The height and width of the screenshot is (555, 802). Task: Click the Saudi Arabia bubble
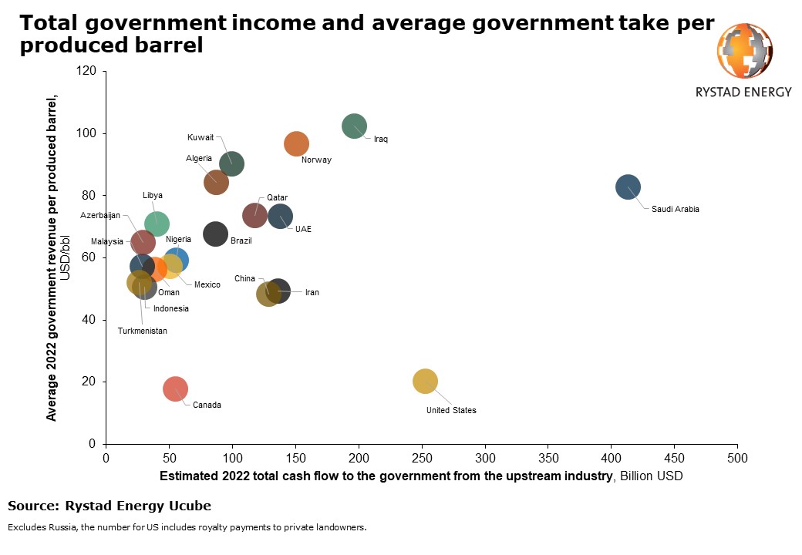[x=628, y=187]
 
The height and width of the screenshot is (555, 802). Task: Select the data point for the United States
[x=425, y=381]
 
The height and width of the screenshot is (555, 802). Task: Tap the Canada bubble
[x=176, y=389]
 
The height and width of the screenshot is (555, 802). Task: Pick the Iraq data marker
[x=354, y=126]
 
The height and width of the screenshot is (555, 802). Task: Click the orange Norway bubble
[x=297, y=144]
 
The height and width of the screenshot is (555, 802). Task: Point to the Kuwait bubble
[x=231, y=163]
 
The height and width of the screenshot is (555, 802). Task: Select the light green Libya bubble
[x=157, y=224]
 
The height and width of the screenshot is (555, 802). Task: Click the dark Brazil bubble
[x=216, y=234]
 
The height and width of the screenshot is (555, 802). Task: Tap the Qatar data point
[x=255, y=215]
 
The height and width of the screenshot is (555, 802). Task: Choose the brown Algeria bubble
[x=216, y=182]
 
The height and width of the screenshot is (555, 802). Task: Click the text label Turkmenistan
[x=142, y=331]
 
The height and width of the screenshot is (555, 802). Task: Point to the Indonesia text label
[x=170, y=308]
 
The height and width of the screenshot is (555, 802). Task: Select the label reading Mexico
[x=207, y=284]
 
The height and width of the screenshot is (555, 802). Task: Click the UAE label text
[x=303, y=229]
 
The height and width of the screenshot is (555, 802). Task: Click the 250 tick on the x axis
[x=422, y=456]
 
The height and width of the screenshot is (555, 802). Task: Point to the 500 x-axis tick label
[x=738, y=456]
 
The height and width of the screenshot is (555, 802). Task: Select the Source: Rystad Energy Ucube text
[x=109, y=506]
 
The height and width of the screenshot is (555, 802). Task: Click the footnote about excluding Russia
[x=187, y=528]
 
